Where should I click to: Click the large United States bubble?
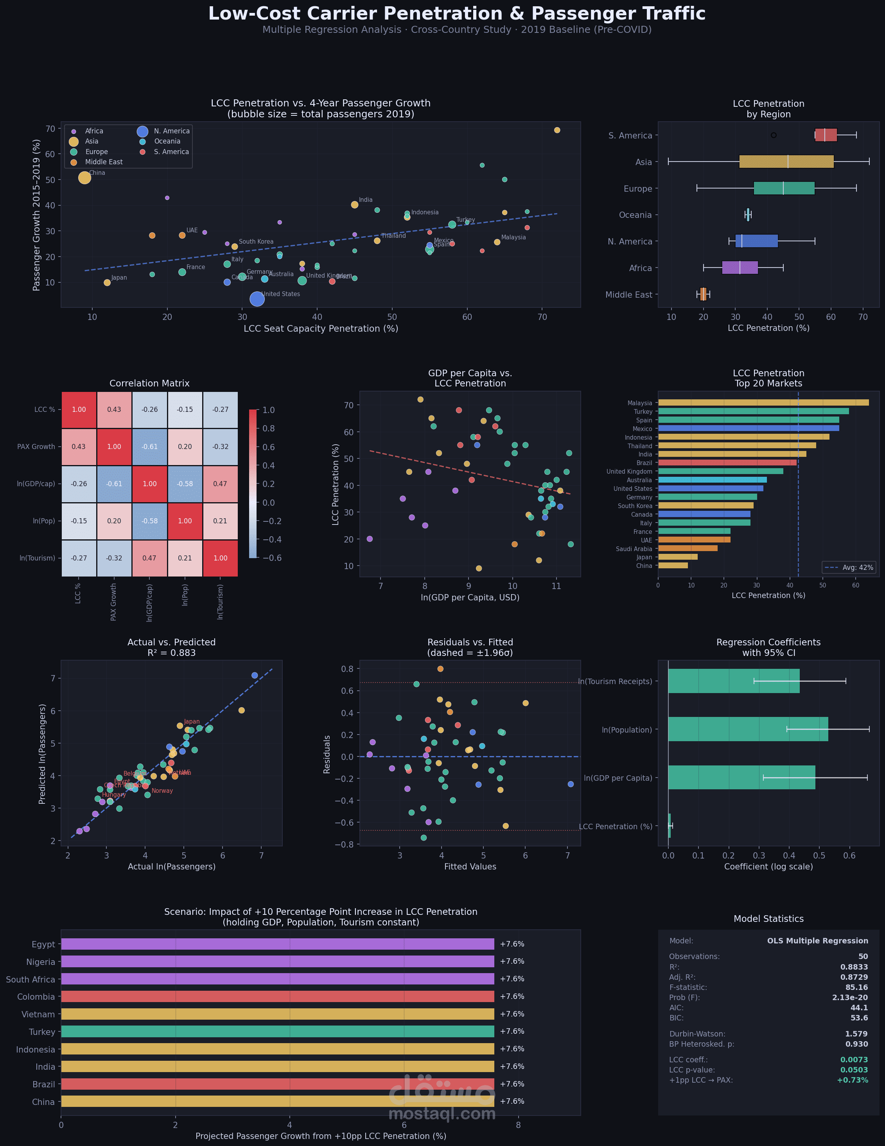coord(257,298)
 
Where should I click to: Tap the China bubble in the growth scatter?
coord(84,178)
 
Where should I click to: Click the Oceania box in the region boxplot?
coord(748,215)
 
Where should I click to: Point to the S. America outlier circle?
coord(773,135)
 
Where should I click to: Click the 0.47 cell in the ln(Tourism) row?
coord(149,558)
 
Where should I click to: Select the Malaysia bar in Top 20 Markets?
coord(763,402)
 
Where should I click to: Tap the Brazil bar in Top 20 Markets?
coord(727,463)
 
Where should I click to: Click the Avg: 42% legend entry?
coord(848,567)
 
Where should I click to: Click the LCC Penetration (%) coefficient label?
coord(616,826)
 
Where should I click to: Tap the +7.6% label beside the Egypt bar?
coord(512,944)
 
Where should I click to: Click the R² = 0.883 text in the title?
coord(172,653)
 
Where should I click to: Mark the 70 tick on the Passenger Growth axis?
coord(50,129)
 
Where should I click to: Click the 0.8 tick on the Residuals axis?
coord(347,668)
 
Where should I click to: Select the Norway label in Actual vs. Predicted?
coord(162,791)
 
